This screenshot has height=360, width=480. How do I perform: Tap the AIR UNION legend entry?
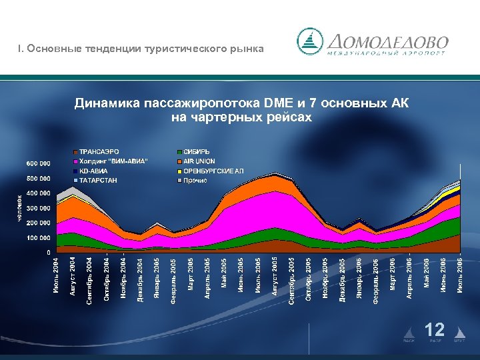tap(199, 161)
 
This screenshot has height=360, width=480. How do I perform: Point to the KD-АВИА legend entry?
tap(94, 171)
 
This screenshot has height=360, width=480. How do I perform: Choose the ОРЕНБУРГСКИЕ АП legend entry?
tap(213, 171)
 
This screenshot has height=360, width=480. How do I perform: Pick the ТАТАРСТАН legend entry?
tap(98, 180)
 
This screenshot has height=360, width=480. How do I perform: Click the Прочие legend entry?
tap(195, 180)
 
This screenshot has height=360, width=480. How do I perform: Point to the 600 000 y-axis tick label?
tap(38, 163)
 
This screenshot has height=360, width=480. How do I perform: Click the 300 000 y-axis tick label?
tap(38, 208)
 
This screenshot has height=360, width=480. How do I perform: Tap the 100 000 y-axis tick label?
tap(38, 238)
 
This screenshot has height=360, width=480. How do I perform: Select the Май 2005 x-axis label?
tap(224, 275)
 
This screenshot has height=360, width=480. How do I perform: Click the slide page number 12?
tap(435, 329)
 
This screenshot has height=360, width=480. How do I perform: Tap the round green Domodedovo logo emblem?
tap(309, 41)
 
